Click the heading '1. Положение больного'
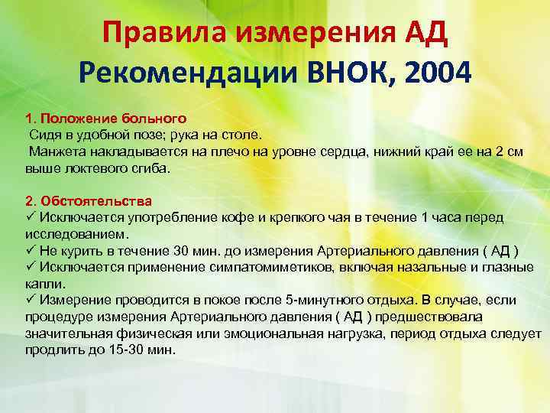point(106,119)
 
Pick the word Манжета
point(56,152)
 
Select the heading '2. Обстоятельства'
point(89,201)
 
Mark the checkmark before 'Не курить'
point(31,250)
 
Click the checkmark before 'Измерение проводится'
point(31,299)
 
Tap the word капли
point(44,283)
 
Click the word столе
point(246,135)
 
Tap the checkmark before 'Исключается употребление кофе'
point(31,217)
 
